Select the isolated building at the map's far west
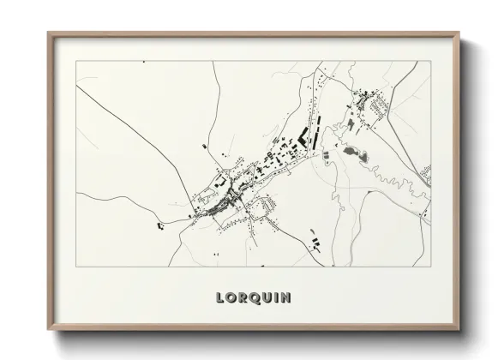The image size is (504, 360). click(159, 226)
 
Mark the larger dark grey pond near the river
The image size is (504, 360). click(355, 154)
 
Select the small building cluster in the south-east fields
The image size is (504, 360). click(314, 237)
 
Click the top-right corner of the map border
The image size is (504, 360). click(430, 61)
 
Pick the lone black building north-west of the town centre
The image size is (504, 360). click(203, 147)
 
